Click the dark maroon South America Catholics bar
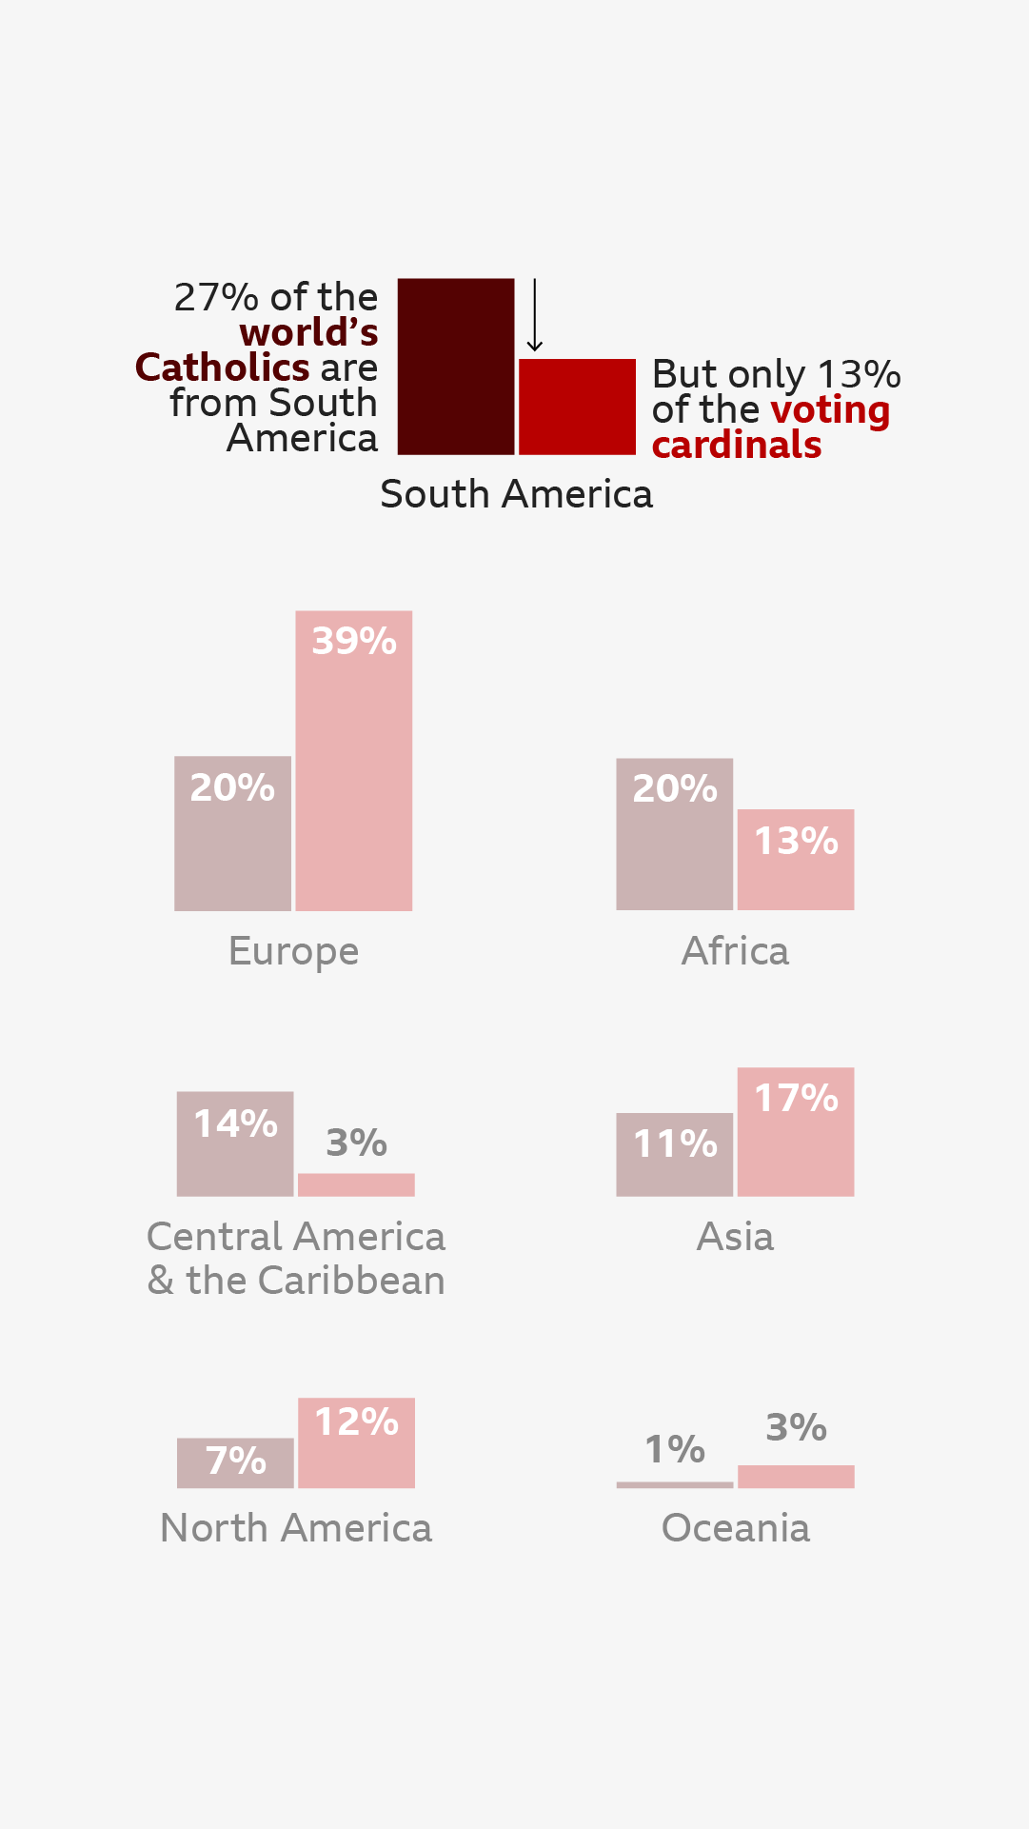point(456,367)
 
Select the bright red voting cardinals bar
point(577,407)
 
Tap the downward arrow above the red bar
point(535,315)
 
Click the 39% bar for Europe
point(354,761)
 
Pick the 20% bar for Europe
point(232,833)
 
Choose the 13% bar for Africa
point(796,860)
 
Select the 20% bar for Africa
point(674,834)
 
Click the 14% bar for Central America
point(235,1143)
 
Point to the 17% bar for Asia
point(796,1131)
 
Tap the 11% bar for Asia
point(674,1154)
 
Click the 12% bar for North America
point(356,1442)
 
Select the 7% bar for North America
point(235,1462)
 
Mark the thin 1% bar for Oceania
point(674,1484)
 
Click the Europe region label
point(293,951)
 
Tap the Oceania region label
point(736,1528)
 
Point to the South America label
point(516,494)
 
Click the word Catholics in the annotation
point(222,368)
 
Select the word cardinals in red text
point(736,445)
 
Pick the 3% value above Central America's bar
point(356,1143)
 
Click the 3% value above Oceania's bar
point(796,1427)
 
